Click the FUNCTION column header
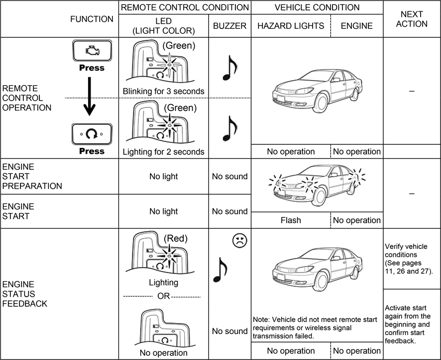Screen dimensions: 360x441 92,19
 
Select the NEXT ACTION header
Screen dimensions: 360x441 411,18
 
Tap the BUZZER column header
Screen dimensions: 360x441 229,26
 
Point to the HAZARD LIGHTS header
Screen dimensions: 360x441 291,26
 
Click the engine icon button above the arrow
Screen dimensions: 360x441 92,51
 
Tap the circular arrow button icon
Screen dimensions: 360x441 92,134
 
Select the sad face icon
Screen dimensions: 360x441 239,241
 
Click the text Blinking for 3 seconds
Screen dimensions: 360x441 164,91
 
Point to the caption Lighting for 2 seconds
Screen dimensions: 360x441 164,151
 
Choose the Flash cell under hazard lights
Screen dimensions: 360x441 291,220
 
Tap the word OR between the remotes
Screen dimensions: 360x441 164,296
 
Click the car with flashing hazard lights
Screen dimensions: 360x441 316,185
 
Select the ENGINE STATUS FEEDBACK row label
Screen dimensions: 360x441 25,294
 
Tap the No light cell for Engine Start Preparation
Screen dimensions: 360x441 164,176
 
